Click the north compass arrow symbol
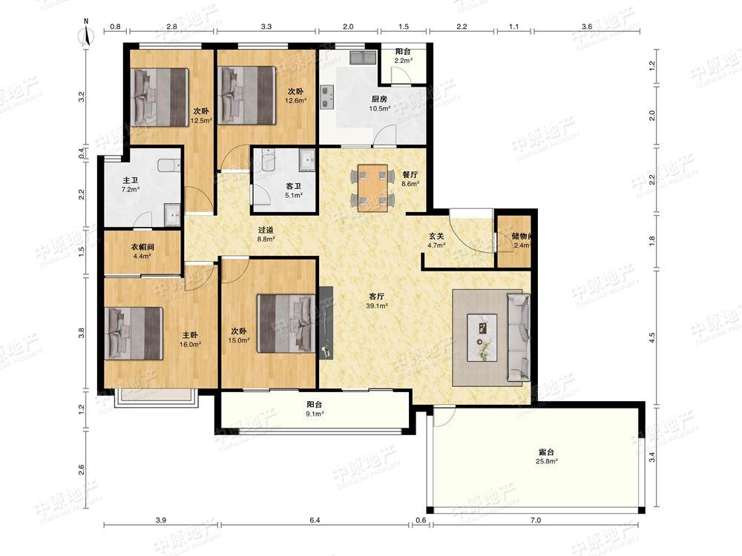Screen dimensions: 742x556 click(87, 34)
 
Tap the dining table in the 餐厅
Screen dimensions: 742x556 click(373, 188)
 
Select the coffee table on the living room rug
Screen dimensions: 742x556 click(482, 337)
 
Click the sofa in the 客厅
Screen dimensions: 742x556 click(519, 337)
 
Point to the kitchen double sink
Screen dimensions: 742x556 click(363, 58)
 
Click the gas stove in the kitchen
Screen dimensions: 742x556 click(327, 96)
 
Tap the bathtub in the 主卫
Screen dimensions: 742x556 click(168, 165)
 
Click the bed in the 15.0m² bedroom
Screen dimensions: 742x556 click(286, 323)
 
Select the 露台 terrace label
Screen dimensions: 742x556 click(546, 451)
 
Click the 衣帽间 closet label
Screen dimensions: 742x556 click(142, 247)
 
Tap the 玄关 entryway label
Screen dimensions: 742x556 click(436, 236)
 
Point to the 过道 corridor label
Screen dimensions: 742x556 click(266, 231)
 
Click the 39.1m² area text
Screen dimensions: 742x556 click(377, 306)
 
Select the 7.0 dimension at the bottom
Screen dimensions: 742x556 click(535, 520)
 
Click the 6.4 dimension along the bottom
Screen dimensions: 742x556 click(315, 520)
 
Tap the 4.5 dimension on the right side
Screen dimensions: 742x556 click(652, 337)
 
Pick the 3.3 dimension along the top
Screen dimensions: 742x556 click(266, 27)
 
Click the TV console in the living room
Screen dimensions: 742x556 click(326, 322)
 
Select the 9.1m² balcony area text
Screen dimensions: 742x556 click(315, 414)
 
